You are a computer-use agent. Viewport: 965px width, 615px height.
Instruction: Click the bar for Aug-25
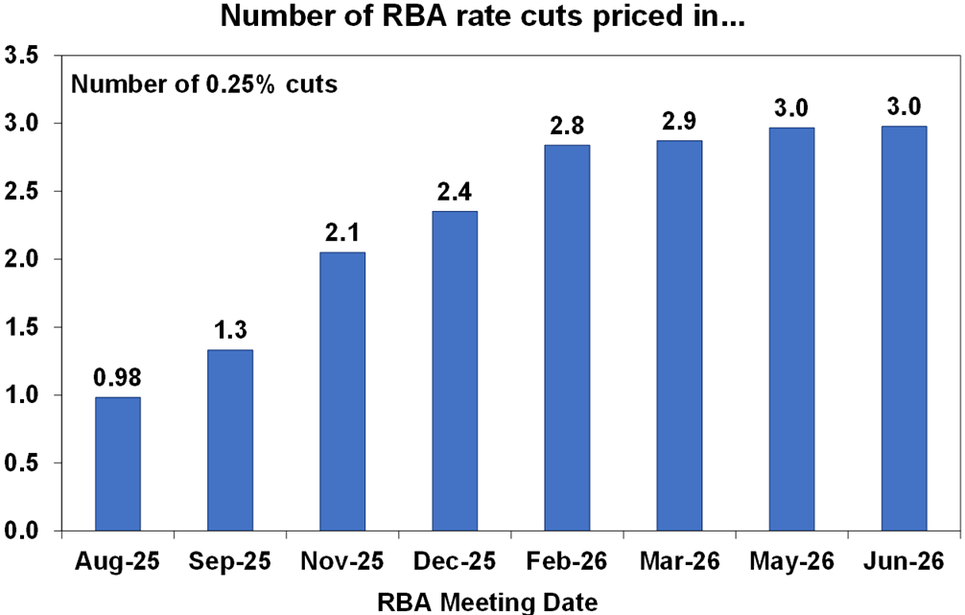tap(117, 463)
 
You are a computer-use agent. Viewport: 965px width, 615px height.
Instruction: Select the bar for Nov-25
tap(341, 391)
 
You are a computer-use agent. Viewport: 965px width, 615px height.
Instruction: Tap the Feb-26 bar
tap(566, 338)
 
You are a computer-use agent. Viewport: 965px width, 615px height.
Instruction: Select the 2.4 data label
tap(454, 193)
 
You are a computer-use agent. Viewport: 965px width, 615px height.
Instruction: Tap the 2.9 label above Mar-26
tap(679, 122)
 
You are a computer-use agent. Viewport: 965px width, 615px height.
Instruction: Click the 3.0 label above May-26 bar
tap(791, 107)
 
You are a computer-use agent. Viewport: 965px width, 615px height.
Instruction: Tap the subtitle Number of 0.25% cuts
tap(204, 83)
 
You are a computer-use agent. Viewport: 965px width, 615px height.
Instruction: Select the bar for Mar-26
tap(679, 335)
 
